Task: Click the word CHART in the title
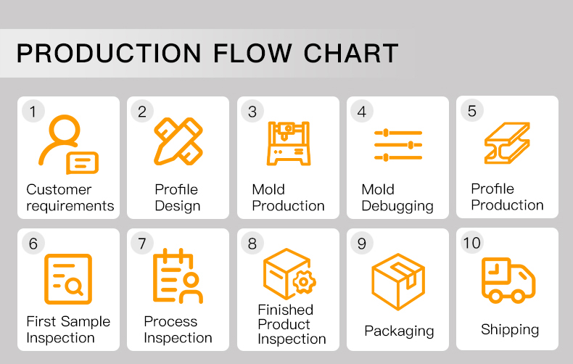pyautogui.click(x=351, y=54)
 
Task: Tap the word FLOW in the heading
pyautogui.click(x=253, y=54)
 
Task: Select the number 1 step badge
pyautogui.click(x=33, y=111)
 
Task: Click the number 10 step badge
pyautogui.click(x=471, y=242)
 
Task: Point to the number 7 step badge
pyautogui.click(x=142, y=243)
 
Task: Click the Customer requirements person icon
pyautogui.click(x=68, y=144)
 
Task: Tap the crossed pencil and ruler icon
pyautogui.click(x=178, y=141)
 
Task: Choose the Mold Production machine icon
pyautogui.click(x=289, y=144)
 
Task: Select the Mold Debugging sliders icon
pyautogui.click(x=398, y=145)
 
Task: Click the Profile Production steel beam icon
pyautogui.click(x=507, y=143)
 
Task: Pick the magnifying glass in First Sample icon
pyautogui.click(x=75, y=286)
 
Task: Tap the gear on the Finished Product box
pyautogui.click(x=303, y=282)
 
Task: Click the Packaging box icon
pyautogui.click(x=398, y=281)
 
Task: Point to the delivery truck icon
pyautogui.click(x=508, y=281)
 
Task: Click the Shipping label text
pyautogui.click(x=510, y=330)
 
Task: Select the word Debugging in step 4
pyautogui.click(x=397, y=206)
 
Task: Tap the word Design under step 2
pyautogui.click(x=178, y=206)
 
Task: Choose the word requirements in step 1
pyautogui.click(x=70, y=206)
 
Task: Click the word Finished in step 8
pyautogui.click(x=285, y=310)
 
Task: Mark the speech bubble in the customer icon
pyautogui.click(x=82, y=163)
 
